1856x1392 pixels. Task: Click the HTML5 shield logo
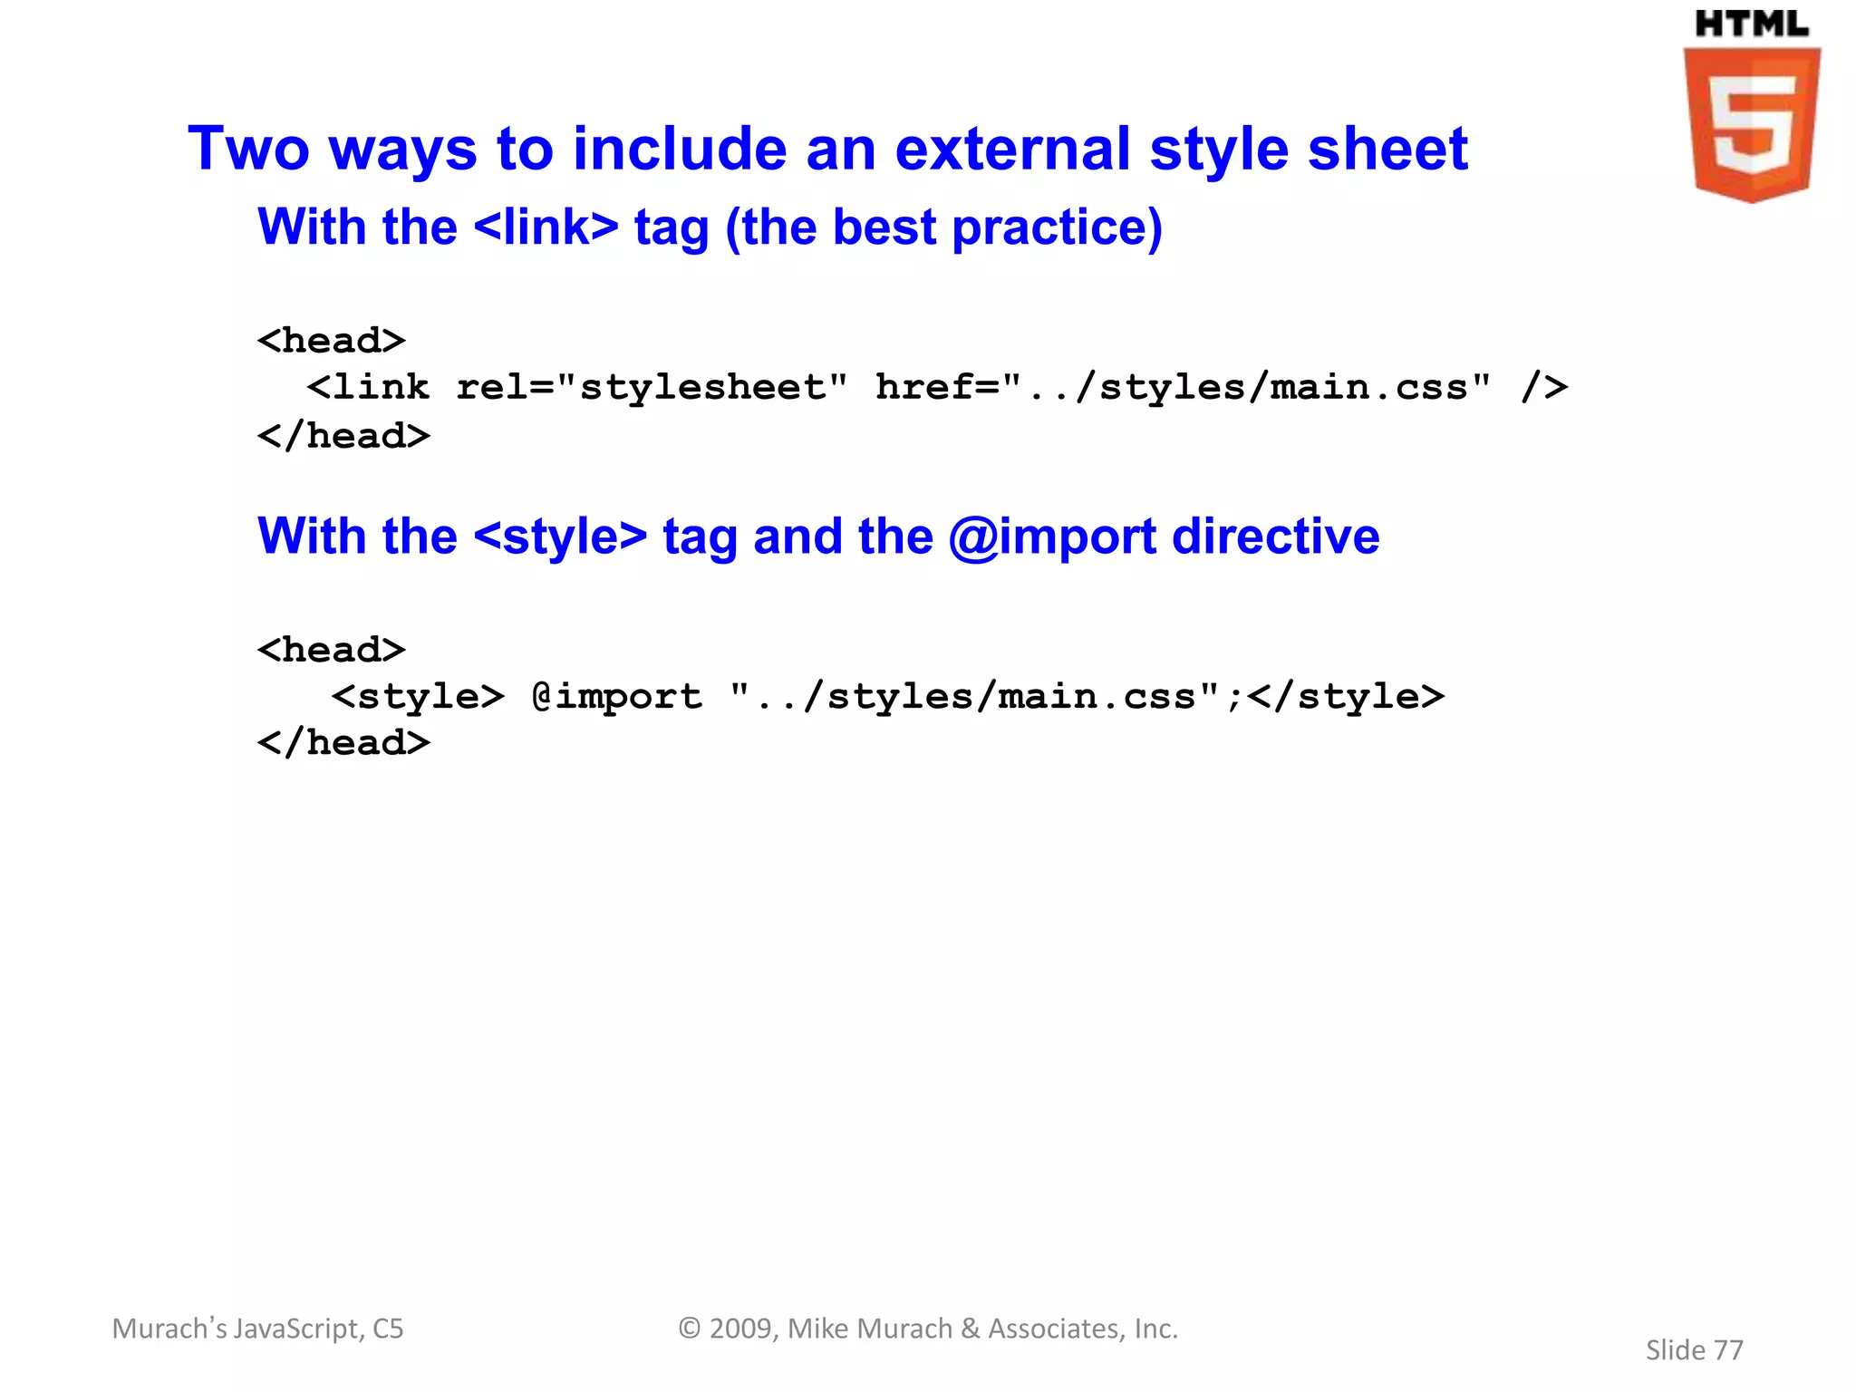[x=1752, y=124]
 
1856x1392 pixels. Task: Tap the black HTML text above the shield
[x=1751, y=24]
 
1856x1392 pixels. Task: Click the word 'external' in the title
[x=1013, y=149]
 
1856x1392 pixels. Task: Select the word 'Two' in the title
[x=248, y=149]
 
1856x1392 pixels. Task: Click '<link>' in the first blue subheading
[x=546, y=227]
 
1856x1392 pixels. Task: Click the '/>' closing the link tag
[x=1544, y=388]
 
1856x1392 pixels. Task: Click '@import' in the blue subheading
[x=1052, y=536]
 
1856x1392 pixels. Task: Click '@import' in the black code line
[x=617, y=697]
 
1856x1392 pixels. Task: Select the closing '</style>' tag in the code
[x=1346, y=697]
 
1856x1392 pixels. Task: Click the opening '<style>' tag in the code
[x=418, y=697]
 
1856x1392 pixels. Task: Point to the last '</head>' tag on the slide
[x=343, y=743]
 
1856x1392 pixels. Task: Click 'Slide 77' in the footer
[x=1694, y=1350]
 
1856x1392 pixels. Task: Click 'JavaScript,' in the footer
[x=299, y=1329]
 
